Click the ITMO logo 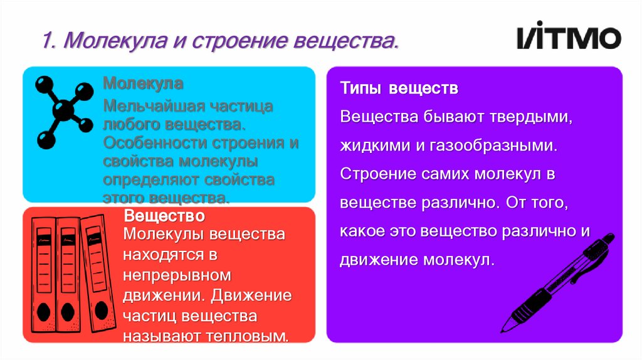568,38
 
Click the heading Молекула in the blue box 143,83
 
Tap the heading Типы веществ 399,88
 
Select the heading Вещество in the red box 164,216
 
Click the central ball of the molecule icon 63,112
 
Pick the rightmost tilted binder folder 96,272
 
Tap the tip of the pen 504,329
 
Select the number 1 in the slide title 46,43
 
